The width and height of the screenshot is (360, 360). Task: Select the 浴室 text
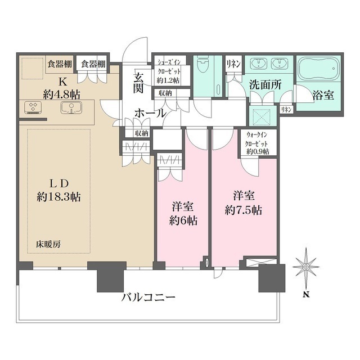pyautogui.click(x=323, y=95)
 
